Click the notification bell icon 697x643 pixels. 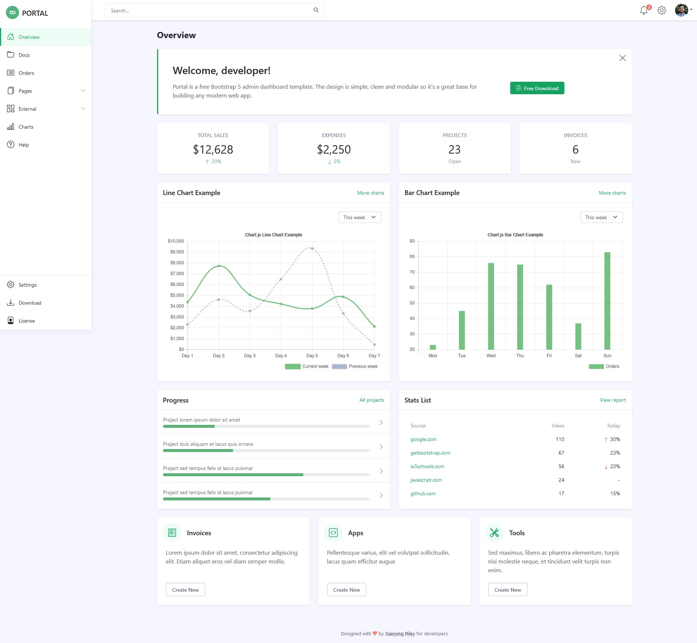coord(644,11)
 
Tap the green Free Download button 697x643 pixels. coord(537,88)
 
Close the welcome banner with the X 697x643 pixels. coord(622,58)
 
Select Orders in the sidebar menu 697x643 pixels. coord(26,73)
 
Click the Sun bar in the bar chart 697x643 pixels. coord(607,301)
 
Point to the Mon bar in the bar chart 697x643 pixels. coord(433,347)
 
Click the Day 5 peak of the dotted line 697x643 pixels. coord(312,249)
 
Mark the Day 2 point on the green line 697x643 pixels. coord(219,266)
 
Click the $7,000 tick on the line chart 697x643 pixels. coord(177,273)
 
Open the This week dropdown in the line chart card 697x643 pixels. coord(360,217)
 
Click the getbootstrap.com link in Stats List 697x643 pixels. coord(430,453)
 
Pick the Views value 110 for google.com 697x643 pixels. coord(560,439)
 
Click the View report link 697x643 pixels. coord(612,400)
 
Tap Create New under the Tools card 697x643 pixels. coord(507,590)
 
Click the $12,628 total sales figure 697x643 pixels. coord(213,150)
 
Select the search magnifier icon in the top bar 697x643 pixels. coord(316,10)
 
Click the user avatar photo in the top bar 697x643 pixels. coord(681,10)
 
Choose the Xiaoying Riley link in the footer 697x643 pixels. coord(400,633)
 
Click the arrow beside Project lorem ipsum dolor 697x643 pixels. coord(381,423)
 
